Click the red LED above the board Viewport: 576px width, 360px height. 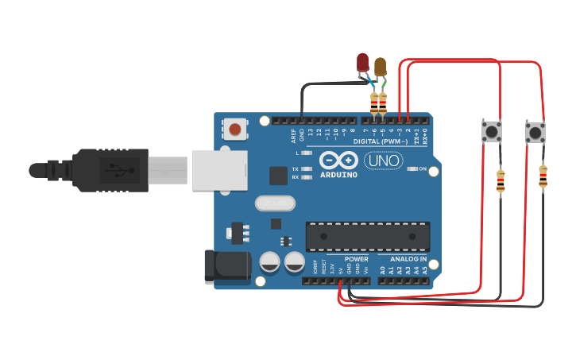coord(363,62)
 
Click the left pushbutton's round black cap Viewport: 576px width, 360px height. coord(492,131)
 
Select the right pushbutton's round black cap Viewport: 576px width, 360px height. coord(535,132)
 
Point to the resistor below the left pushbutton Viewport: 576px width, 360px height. coord(501,182)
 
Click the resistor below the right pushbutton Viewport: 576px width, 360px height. coord(543,176)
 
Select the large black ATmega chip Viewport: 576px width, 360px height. coord(368,236)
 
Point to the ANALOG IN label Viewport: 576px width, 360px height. coord(408,259)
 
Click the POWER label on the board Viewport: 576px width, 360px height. coord(357,259)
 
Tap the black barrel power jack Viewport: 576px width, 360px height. coord(226,267)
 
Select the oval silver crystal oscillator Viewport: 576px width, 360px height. coord(275,203)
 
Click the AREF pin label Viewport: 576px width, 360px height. coord(293,134)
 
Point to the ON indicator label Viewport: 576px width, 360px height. coord(423,168)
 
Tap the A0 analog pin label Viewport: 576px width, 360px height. coord(382,270)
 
